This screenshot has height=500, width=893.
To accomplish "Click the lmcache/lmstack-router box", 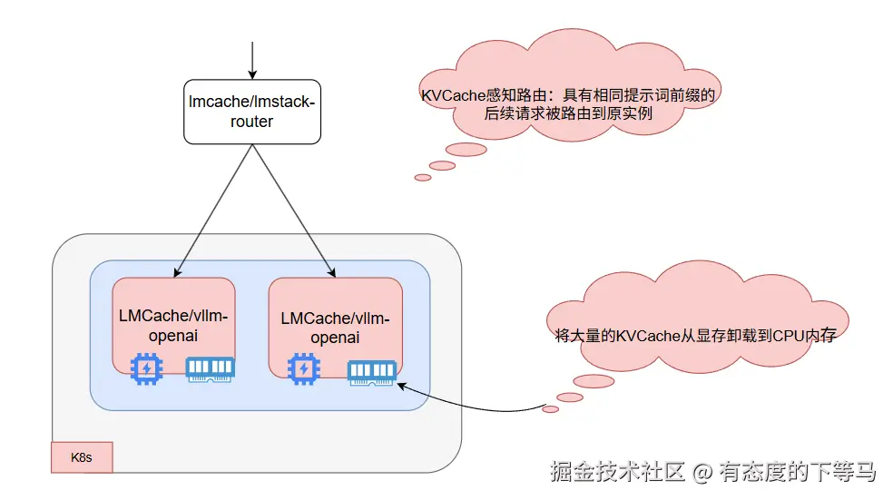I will (x=252, y=111).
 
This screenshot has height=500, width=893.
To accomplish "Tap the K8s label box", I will (x=83, y=457).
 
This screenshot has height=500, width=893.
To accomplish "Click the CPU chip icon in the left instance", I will (x=145, y=369).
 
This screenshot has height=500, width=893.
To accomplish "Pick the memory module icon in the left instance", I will (x=210, y=368).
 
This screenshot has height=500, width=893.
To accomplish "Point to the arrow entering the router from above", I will (x=252, y=60).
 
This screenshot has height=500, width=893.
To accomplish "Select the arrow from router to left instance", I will (x=212, y=211).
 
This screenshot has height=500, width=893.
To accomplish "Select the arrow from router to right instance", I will (x=293, y=211).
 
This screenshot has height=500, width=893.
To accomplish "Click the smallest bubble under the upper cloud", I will (x=423, y=178).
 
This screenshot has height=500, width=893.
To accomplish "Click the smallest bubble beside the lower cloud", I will (x=550, y=409).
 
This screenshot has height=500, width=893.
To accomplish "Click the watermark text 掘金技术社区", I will (x=618, y=473).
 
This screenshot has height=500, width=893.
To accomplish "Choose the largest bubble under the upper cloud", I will (x=468, y=150).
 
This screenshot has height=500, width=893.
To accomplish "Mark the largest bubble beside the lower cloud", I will (x=594, y=381).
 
